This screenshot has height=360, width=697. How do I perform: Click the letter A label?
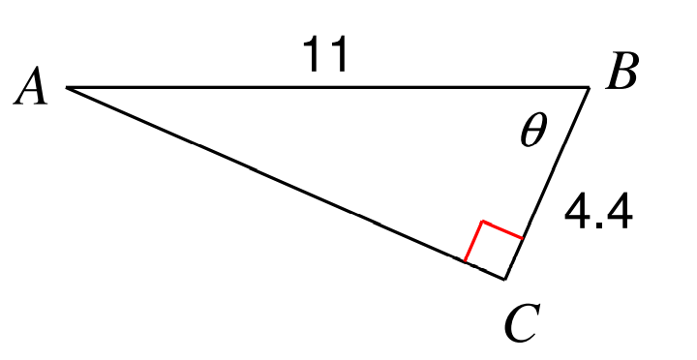click(x=30, y=86)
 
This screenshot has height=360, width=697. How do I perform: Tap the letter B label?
click(x=622, y=71)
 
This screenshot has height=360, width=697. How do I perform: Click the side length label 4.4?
click(x=598, y=212)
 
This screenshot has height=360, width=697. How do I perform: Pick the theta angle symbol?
click(x=533, y=130)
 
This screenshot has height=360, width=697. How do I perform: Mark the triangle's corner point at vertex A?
click(x=67, y=87)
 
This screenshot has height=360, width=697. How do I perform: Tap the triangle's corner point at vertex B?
click(x=590, y=88)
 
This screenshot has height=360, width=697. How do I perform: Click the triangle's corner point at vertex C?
click(x=504, y=280)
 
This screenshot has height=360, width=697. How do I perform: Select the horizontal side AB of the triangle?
click(x=328, y=87)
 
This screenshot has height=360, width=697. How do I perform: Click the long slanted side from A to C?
click(x=286, y=184)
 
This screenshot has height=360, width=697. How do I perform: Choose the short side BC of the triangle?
click(x=547, y=184)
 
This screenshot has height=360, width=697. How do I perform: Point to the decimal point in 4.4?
click(x=598, y=225)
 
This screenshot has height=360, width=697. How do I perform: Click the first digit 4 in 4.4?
click(x=577, y=212)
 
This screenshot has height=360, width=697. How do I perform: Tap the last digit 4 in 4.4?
click(x=620, y=212)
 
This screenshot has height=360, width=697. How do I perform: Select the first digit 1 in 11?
click(x=313, y=54)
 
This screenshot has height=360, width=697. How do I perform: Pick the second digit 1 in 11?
click(x=338, y=54)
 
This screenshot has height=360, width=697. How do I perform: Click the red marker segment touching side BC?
click(x=502, y=229)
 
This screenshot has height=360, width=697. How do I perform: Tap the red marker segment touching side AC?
click(x=473, y=241)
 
